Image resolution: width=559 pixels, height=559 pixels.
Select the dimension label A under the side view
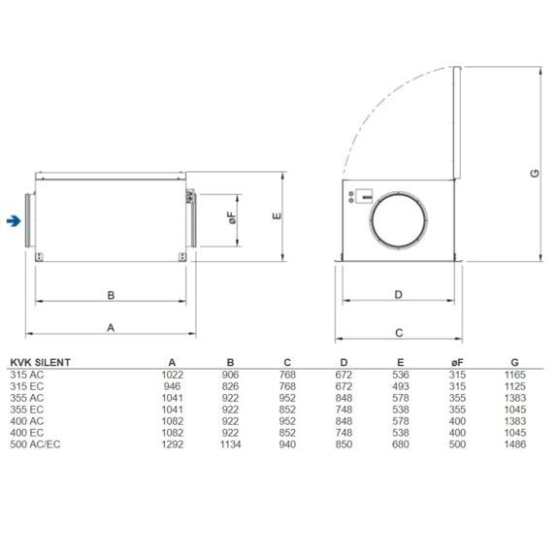coord(111,328)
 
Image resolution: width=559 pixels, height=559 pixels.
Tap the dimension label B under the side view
coord(111,294)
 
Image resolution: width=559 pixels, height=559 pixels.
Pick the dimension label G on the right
coord(534,173)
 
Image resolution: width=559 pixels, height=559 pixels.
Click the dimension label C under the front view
coord(398,332)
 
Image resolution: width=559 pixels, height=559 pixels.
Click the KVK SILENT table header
coord(40,362)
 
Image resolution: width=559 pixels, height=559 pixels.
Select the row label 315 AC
coord(26,374)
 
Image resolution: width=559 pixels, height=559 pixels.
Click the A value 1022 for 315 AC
coord(172,374)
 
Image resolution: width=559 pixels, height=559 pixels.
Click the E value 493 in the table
coord(401,385)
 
